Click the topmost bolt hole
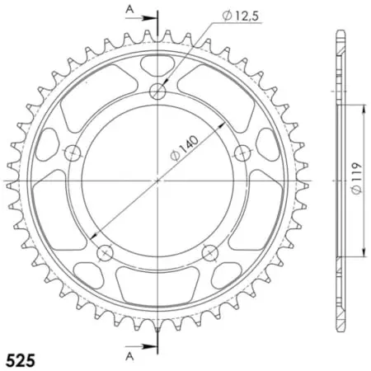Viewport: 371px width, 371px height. pos(157,92)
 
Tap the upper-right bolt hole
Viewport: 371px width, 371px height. pos(242,153)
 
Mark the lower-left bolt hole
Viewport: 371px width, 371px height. pos(105,252)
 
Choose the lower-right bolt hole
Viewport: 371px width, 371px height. pos(209,252)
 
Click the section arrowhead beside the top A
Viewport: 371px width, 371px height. pos(148,16)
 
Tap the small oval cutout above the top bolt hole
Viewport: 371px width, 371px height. pos(157,65)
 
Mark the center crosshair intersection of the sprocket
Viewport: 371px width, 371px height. pos(157,180)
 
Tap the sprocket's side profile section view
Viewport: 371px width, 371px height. pos(339,180)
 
